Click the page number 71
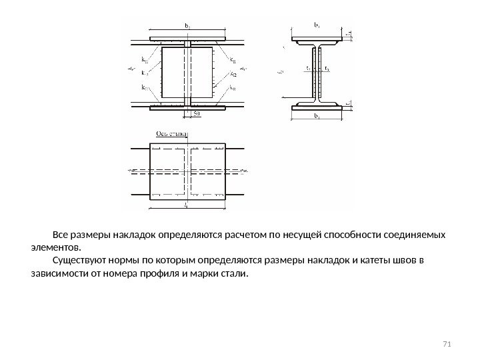click(x=447, y=343)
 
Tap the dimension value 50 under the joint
click(x=197, y=114)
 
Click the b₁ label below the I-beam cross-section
click(x=315, y=118)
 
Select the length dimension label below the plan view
click(x=186, y=207)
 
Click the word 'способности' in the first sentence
click(x=333, y=236)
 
